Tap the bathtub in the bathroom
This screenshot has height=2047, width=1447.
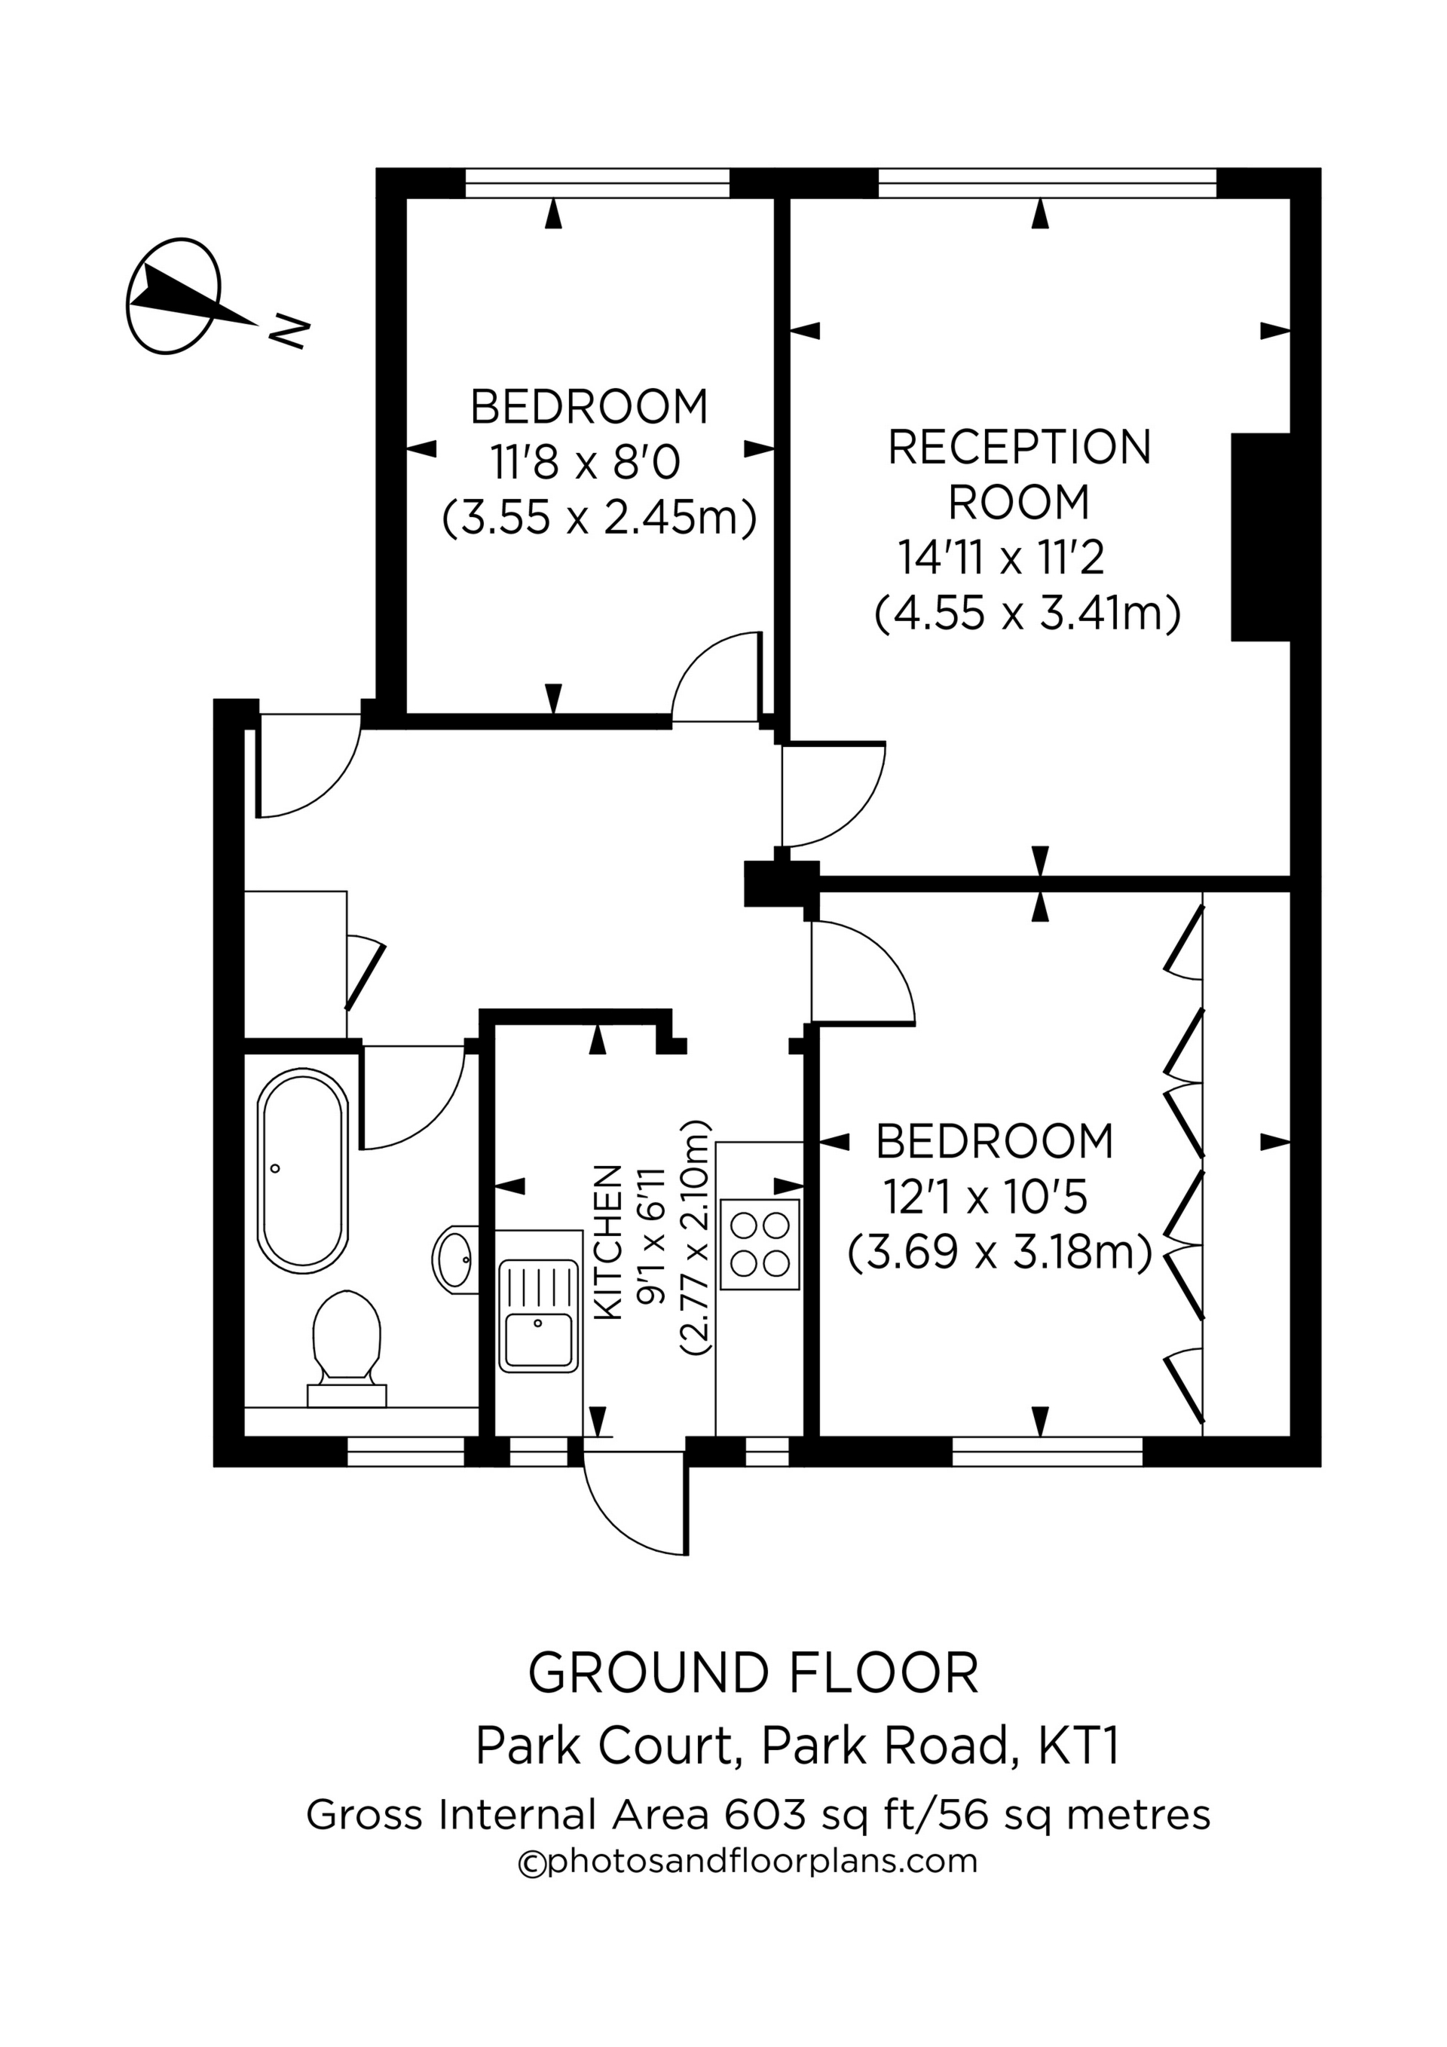tap(302, 1170)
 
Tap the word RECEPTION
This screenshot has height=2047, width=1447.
tap(1019, 448)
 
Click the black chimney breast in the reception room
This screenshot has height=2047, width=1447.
tap(1261, 537)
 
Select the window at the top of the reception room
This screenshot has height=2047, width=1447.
tap(1048, 182)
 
